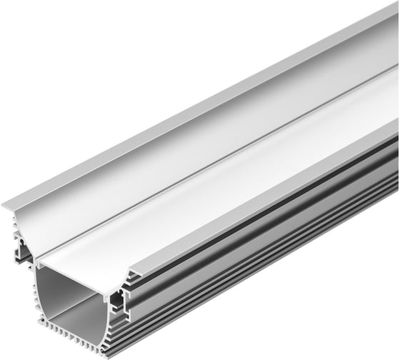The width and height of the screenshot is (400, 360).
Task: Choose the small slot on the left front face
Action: tap(26, 251)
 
